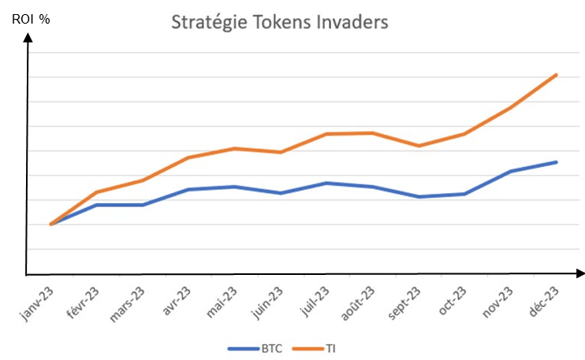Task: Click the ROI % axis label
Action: (31, 19)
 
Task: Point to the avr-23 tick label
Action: (177, 301)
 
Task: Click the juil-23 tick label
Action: (314, 301)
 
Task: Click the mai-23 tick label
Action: (222, 301)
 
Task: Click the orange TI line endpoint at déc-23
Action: (557, 75)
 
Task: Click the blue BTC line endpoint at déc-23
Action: (557, 162)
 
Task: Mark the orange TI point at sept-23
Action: (419, 146)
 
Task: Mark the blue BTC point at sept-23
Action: (419, 197)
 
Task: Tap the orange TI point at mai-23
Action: (234, 148)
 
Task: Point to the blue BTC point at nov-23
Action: (511, 171)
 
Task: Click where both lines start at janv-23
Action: (50, 225)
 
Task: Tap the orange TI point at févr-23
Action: (96, 192)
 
